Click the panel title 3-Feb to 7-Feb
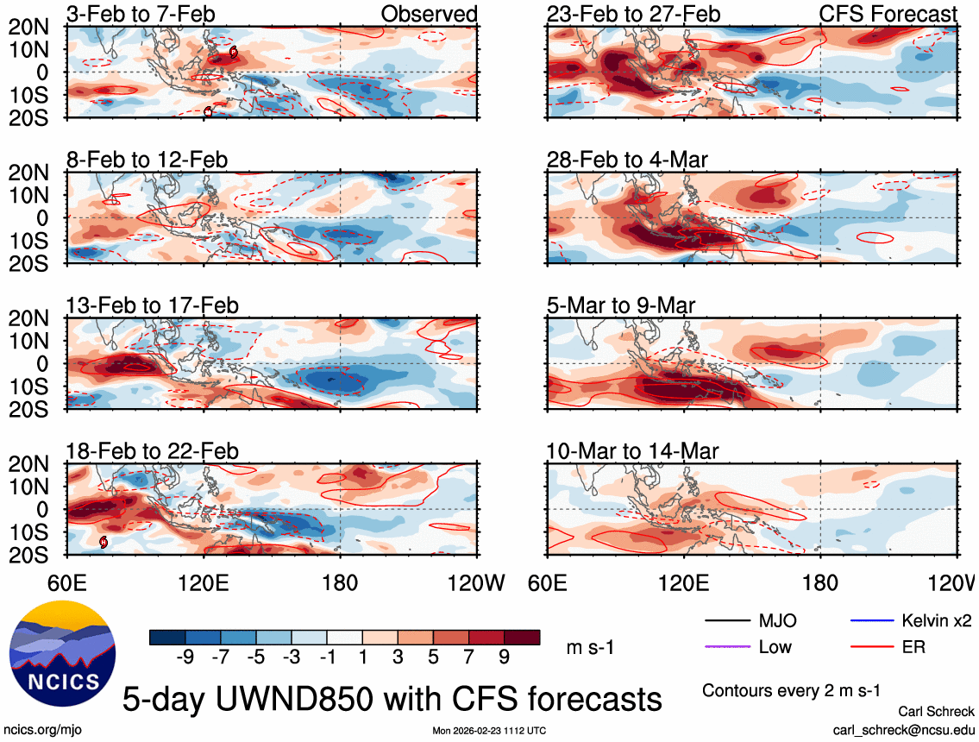(141, 14)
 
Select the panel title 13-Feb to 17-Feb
(152, 306)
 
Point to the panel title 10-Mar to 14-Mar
(632, 451)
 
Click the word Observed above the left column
(429, 14)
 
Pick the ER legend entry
(913, 646)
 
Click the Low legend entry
(775, 646)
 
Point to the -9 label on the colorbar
(184, 657)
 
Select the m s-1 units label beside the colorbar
(590, 647)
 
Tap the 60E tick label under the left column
(68, 583)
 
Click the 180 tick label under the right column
(819, 583)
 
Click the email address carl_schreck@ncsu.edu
(903, 729)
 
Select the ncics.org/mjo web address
(37, 729)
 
